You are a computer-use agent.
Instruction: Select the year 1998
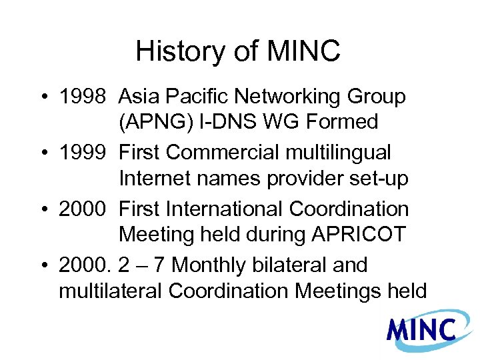pos(83,97)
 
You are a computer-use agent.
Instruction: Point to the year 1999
pos(83,153)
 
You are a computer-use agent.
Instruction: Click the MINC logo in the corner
pos(421,330)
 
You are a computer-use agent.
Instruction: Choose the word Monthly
pos(209,265)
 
